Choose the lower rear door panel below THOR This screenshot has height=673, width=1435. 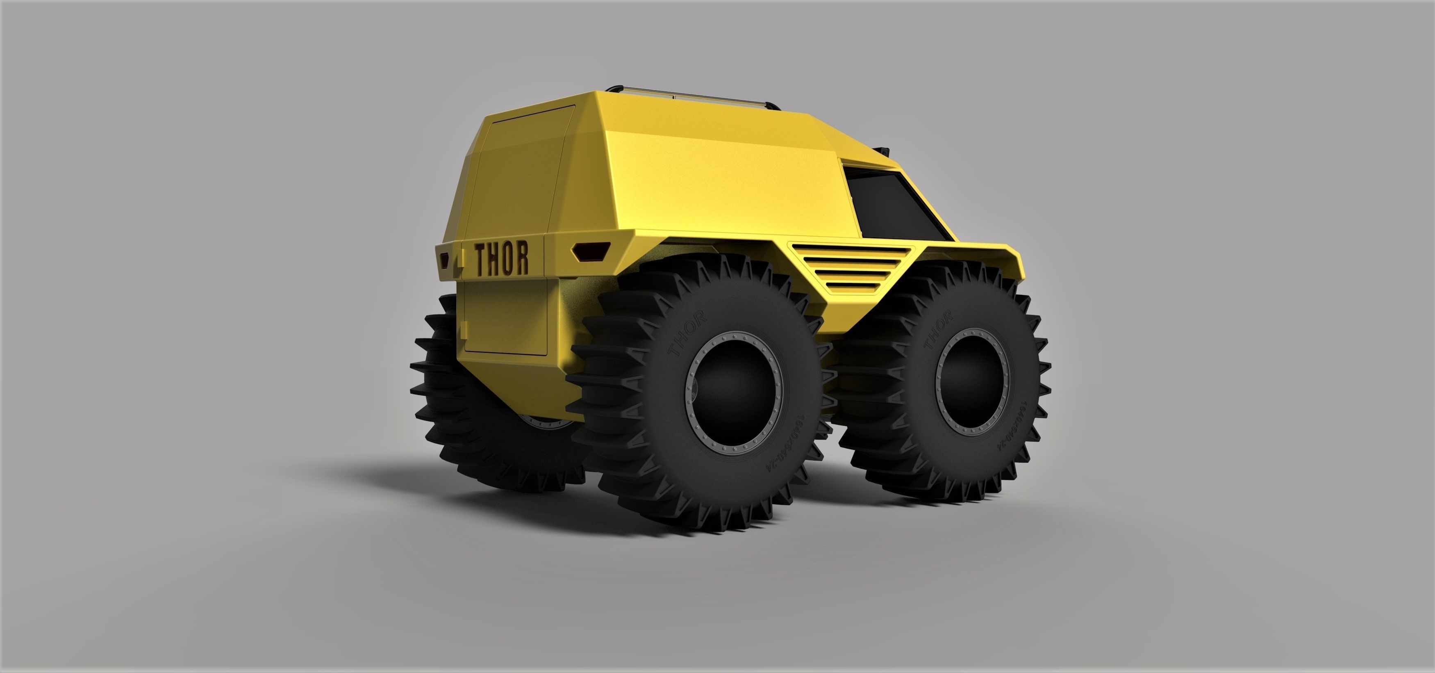point(507,318)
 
